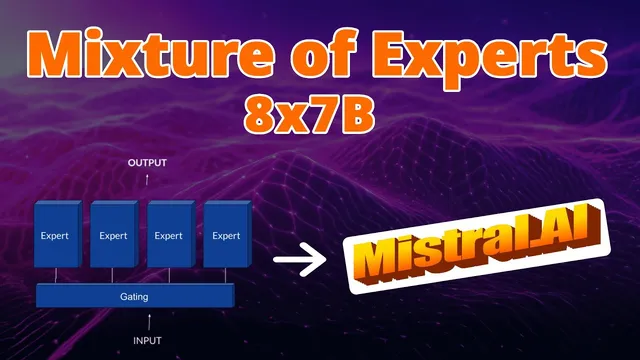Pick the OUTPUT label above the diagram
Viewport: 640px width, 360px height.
[147, 161]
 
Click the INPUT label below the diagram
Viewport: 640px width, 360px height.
[147, 340]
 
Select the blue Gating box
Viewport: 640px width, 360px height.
[135, 296]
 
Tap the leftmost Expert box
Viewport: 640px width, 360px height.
[56, 236]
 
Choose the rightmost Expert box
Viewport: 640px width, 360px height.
[226, 236]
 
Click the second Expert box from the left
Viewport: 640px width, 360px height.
[113, 236]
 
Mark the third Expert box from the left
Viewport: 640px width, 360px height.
[169, 236]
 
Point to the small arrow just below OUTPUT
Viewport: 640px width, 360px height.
[147, 178]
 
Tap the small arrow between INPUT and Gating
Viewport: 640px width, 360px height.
[147, 320]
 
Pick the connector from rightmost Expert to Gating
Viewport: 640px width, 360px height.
[228, 276]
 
